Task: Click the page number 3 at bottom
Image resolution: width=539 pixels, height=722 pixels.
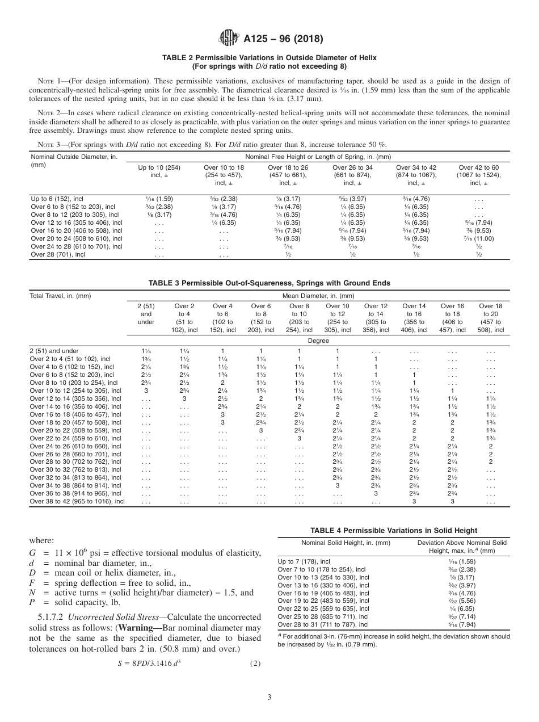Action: coord(269,696)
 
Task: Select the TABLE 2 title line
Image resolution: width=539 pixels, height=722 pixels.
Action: coord(269,58)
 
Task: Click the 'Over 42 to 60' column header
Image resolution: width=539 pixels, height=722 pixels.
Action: coord(479,175)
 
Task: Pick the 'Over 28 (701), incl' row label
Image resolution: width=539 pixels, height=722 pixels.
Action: coord(57,255)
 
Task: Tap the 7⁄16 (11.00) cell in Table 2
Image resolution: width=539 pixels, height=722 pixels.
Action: coord(479,239)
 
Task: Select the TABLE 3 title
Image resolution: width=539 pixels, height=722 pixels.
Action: coord(269,283)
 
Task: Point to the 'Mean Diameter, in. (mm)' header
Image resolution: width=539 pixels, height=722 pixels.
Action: coord(318,296)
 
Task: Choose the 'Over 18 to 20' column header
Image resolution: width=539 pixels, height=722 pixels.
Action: coord(490,317)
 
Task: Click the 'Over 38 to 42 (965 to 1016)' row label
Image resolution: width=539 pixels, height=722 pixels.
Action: coord(77,501)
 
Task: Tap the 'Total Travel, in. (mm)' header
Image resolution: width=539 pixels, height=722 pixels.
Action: coord(60,296)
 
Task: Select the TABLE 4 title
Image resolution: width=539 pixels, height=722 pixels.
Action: coord(394,530)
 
